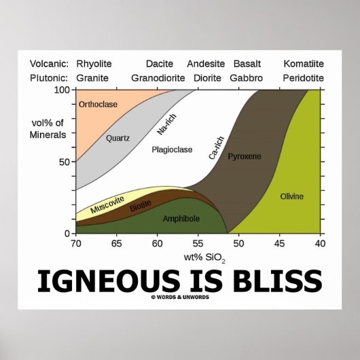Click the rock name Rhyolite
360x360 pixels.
[x=94, y=64]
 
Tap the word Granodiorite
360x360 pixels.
[x=158, y=77]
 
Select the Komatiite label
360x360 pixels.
[x=304, y=64]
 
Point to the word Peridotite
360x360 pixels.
[x=304, y=77]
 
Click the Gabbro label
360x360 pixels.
[x=246, y=77]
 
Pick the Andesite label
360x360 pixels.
[x=206, y=64]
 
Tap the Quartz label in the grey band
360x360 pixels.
[x=118, y=138]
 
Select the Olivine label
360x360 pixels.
[x=292, y=196]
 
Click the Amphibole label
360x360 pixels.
[x=181, y=219]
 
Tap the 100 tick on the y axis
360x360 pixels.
[x=63, y=90]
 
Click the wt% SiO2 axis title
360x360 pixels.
[x=198, y=257]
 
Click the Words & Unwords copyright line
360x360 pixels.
[x=179, y=297]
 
